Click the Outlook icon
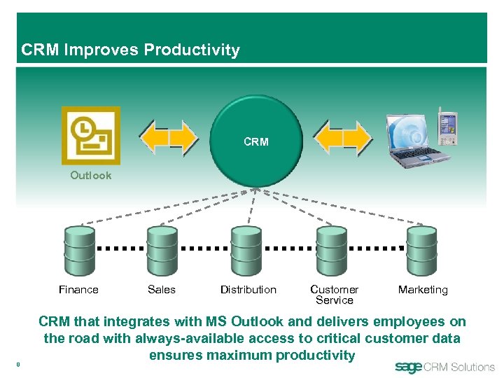click(90, 135)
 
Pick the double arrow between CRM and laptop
click(342, 137)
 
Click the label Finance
click(78, 290)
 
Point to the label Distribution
click(248, 290)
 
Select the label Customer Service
click(334, 295)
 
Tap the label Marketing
click(423, 290)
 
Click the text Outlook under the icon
click(90, 176)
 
